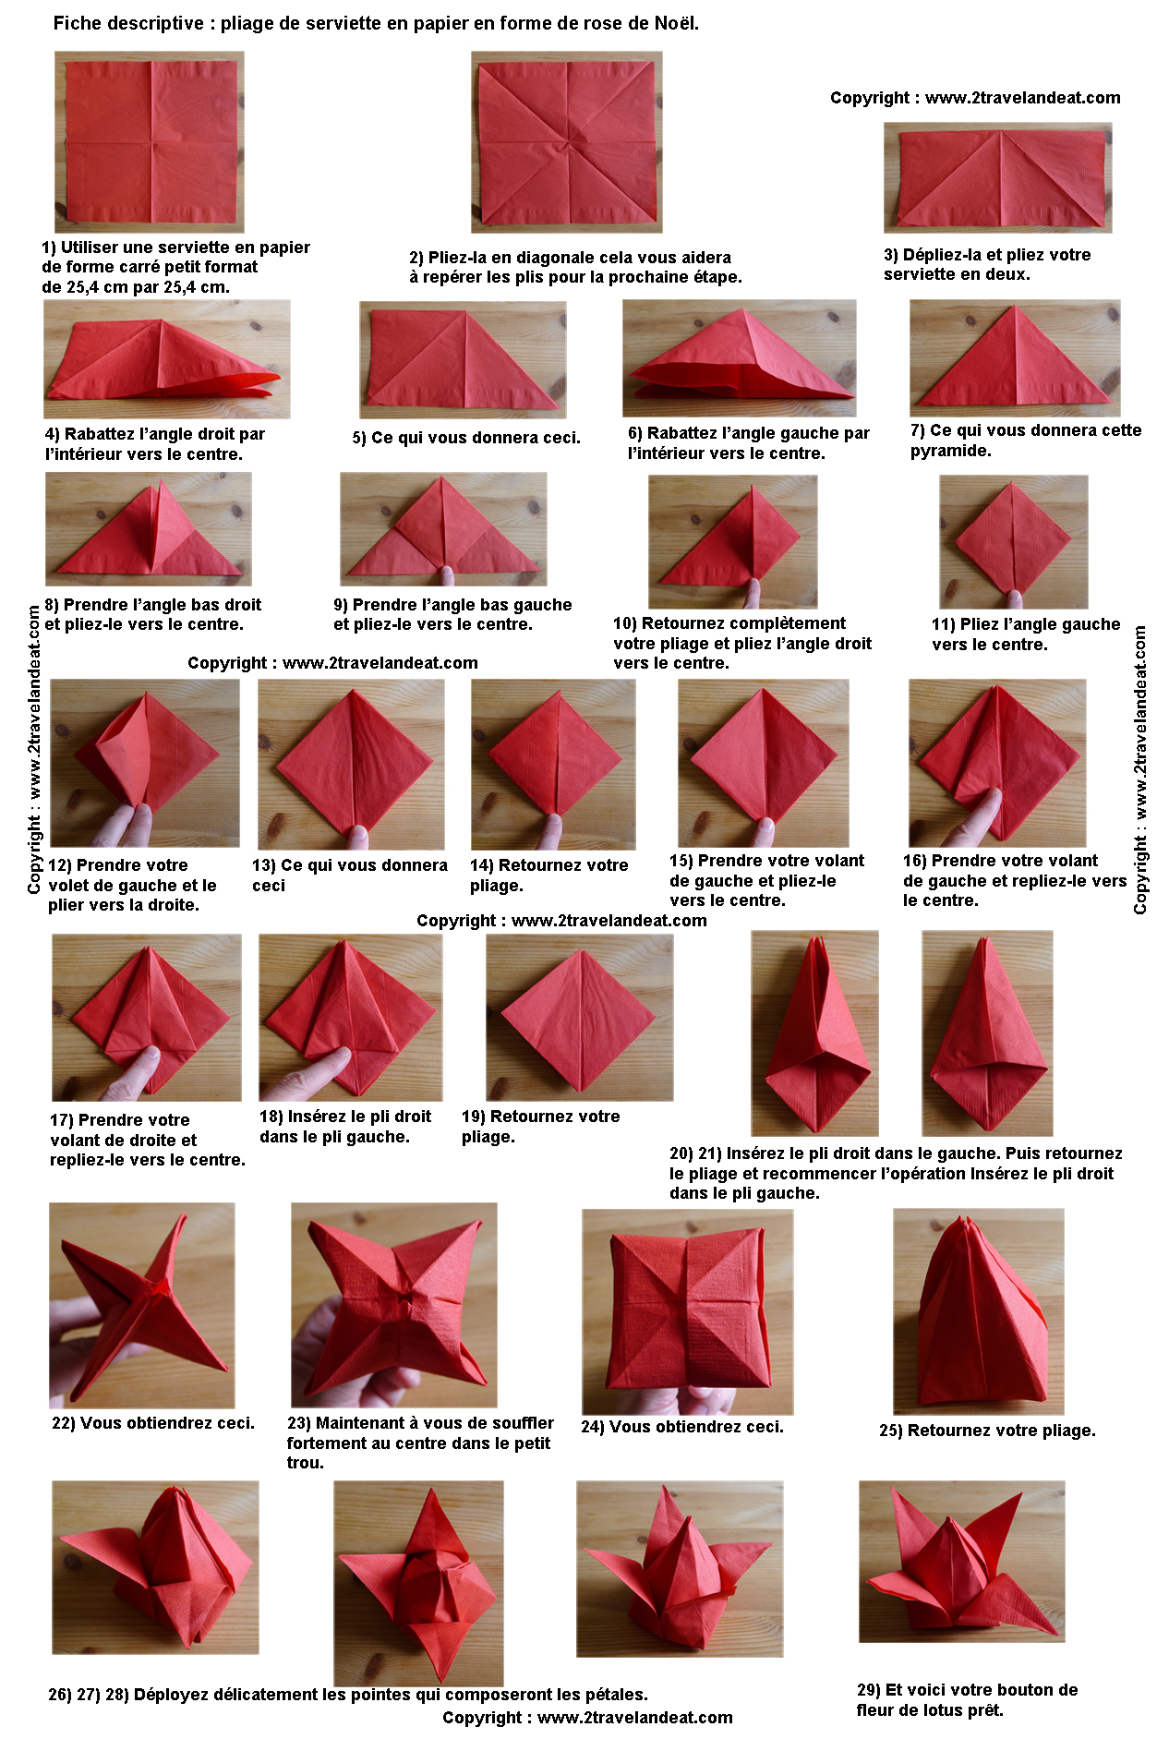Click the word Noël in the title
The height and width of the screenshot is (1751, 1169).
(676, 23)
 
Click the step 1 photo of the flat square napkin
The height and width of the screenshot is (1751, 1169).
(150, 141)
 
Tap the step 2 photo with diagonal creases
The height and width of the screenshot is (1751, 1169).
(566, 141)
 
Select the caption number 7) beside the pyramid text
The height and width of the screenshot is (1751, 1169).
(918, 430)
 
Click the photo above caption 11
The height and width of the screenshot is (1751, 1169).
(1013, 541)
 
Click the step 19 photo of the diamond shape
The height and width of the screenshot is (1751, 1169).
(580, 1017)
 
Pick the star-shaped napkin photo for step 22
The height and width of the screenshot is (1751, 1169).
(142, 1305)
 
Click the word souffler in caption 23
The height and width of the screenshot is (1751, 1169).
(516, 1423)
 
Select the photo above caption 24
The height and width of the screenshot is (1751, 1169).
(688, 1311)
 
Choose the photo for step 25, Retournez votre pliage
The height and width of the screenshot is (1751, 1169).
(979, 1311)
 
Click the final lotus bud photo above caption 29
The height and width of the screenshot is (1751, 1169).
(962, 1562)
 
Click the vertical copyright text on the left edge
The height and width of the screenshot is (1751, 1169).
(34, 749)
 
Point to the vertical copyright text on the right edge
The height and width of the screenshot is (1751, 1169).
(1140, 770)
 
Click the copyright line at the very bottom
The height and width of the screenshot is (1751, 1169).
(587, 1718)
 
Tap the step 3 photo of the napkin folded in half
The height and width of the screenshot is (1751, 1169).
(998, 177)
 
